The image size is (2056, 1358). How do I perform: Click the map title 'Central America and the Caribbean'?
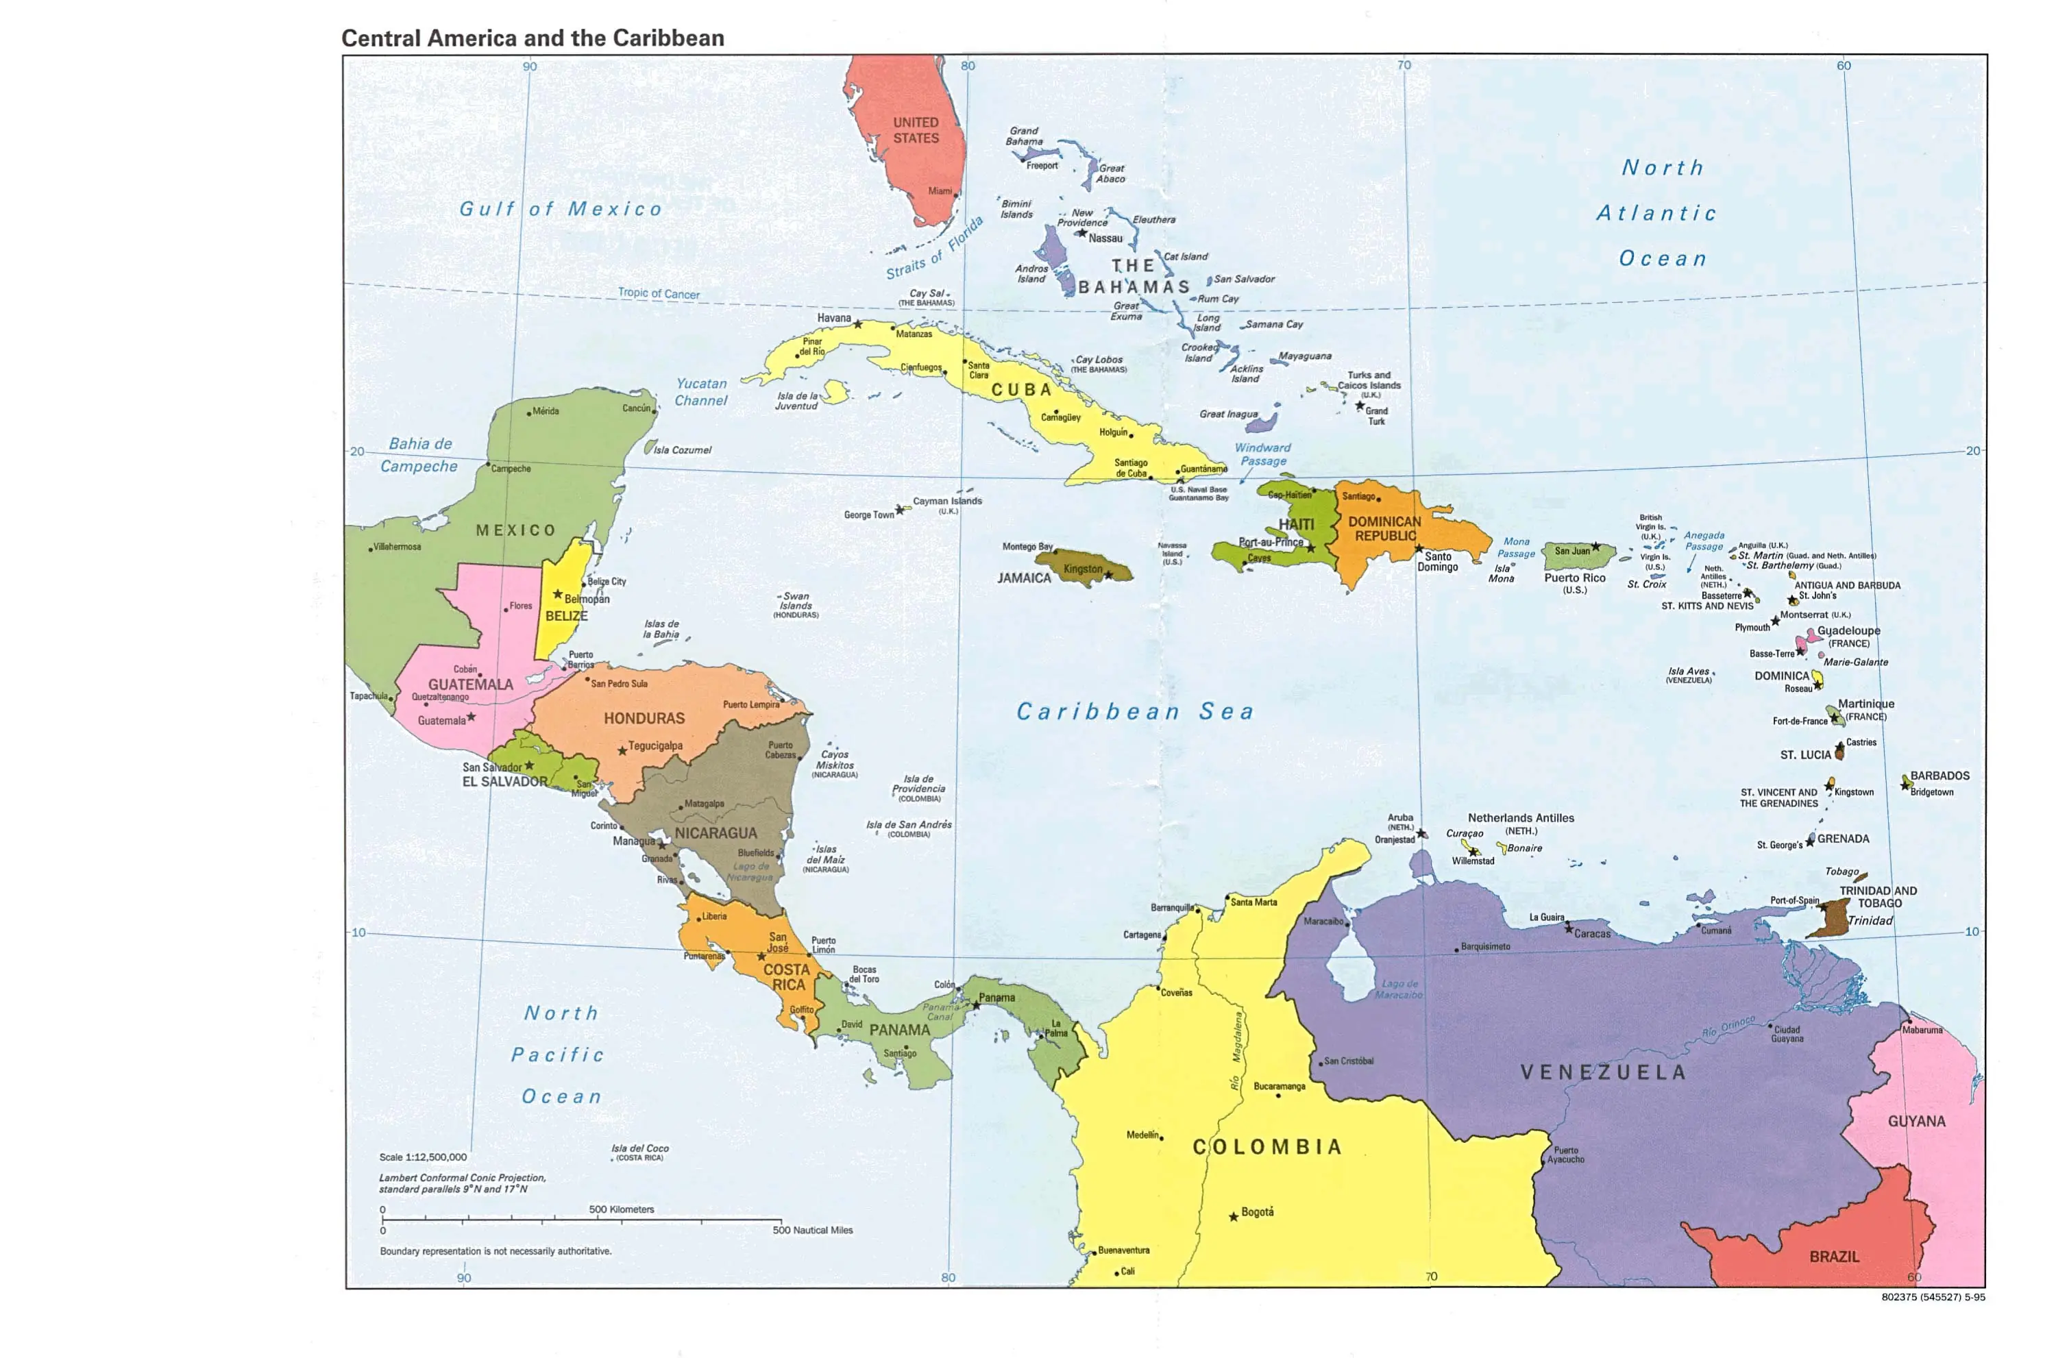532,38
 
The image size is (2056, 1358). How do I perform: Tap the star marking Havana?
857,324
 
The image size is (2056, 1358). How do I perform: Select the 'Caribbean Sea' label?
1134,712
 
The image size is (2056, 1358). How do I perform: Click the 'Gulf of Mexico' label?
561,209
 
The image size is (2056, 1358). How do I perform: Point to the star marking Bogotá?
1233,1217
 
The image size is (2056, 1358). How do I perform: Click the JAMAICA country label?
1024,578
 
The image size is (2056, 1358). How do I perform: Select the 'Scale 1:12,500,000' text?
423,1157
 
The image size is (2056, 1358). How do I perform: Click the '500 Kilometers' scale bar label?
621,1209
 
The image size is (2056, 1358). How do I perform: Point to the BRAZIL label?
1833,1256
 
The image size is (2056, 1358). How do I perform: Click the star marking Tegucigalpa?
622,751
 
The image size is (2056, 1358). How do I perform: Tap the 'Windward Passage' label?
1262,454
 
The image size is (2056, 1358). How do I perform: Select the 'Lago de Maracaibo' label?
1399,989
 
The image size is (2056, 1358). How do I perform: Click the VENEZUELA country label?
1603,1072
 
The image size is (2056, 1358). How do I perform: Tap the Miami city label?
940,190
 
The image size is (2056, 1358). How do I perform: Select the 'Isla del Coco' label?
639,1148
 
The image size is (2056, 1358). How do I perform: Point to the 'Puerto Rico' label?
1574,578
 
